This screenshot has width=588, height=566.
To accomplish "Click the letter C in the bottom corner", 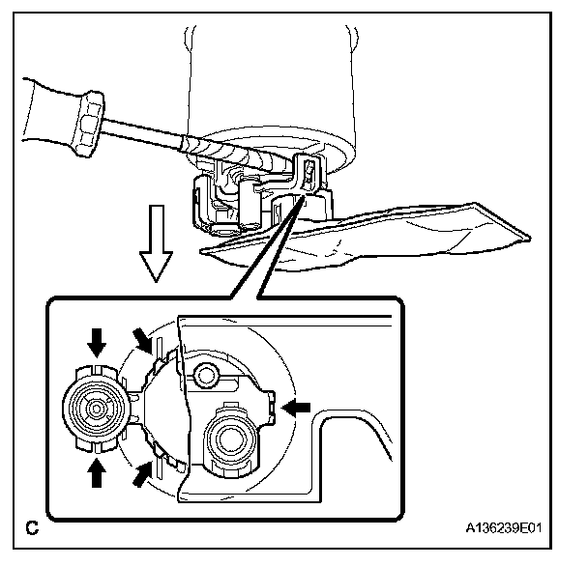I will pyautogui.click(x=32, y=528).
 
